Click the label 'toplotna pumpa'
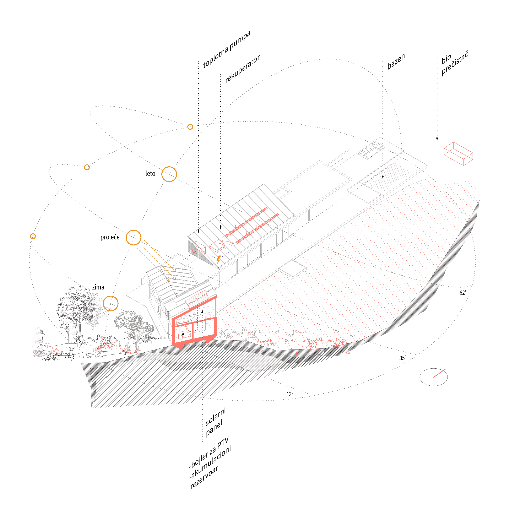[227, 49]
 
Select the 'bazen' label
[396, 62]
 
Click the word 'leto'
[150, 174]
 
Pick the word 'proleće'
[110, 237]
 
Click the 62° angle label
[463, 293]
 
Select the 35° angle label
[403, 358]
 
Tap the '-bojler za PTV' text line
[209, 453]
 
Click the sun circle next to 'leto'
[169, 174]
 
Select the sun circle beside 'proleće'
[133, 237]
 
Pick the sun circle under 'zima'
[111, 303]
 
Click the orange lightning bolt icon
[218, 259]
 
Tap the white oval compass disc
[433, 377]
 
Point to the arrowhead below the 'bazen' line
[383, 177]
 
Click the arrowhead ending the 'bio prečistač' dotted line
[437, 139]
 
